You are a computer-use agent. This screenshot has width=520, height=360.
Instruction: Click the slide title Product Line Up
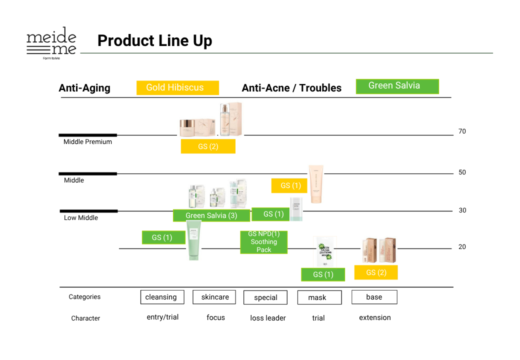(x=154, y=40)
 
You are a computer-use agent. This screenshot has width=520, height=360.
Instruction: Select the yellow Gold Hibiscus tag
(x=177, y=87)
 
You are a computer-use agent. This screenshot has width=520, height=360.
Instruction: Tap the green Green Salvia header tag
(x=397, y=86)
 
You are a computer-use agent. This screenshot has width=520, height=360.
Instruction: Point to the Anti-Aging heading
(x=84, y=88)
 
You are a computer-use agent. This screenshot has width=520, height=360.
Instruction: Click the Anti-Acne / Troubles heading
(x=291, y=88)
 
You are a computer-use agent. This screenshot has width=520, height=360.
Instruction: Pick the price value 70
(x=462, y=131)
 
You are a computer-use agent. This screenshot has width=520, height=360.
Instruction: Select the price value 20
(x=462, y=247)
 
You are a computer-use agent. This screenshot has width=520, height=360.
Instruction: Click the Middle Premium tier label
(x=87, y=142)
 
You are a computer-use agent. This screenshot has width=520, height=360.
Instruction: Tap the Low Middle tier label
(x=81, y=218)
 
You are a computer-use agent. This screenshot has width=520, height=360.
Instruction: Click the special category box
(x=265, y=297)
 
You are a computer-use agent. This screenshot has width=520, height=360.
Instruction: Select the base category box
(x=374, y=297)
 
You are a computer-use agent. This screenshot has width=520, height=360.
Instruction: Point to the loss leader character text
(x=268, y=318)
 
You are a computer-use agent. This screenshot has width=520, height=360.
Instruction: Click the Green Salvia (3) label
(x=211, y=215)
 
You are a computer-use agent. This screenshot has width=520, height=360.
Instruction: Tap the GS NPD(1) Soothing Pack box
(x=264, y=242)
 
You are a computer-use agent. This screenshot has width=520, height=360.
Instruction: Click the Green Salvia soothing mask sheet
(x=324, y=252)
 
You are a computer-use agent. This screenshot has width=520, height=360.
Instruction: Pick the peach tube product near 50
(x=316, y=183)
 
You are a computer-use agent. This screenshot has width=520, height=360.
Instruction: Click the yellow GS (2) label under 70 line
(x=208, y=146)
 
